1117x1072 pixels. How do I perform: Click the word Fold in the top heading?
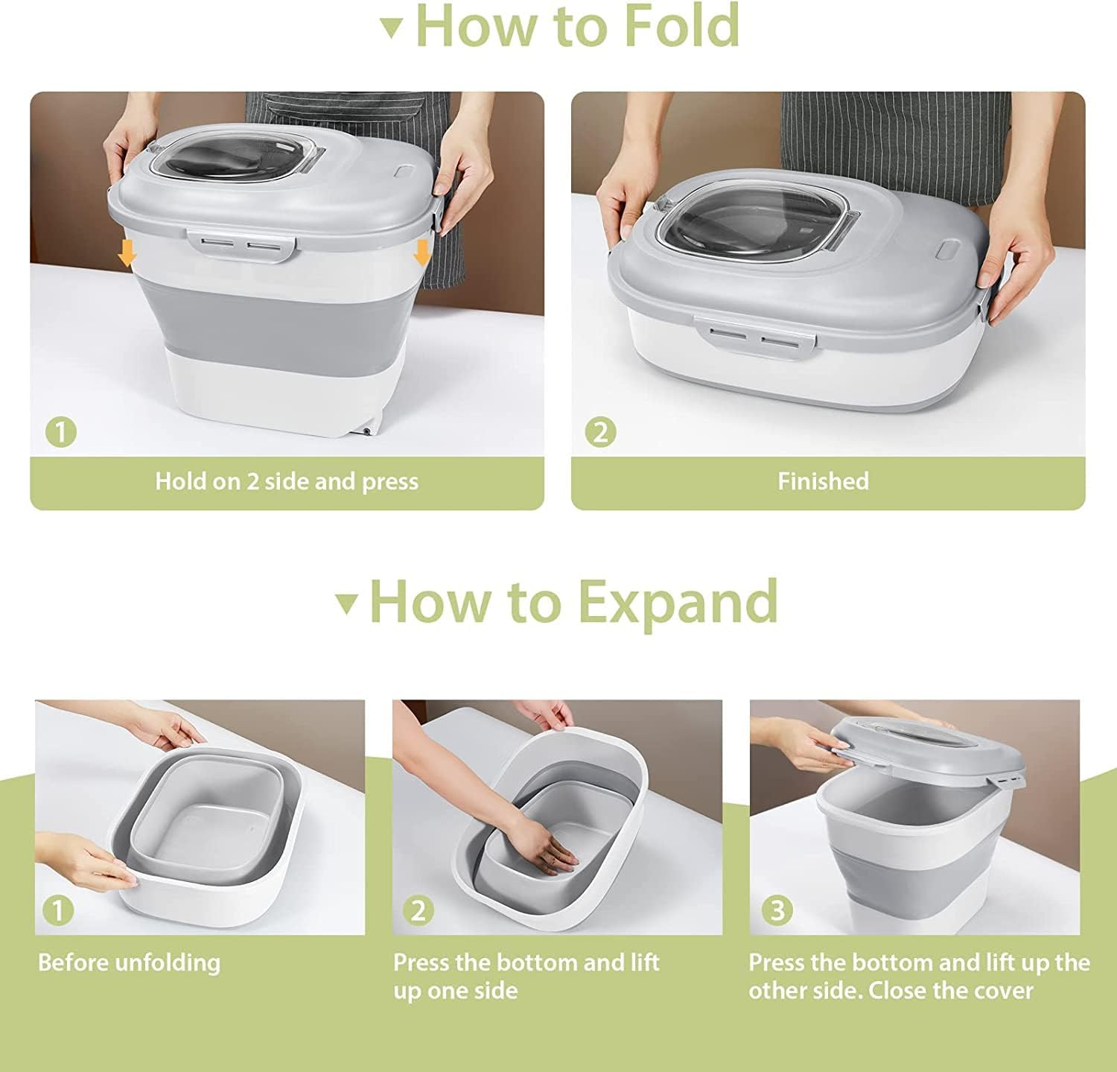681,26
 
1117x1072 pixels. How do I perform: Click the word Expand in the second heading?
678,602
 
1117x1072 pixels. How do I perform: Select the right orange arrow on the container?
422,253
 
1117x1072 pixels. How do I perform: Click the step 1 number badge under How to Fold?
61,432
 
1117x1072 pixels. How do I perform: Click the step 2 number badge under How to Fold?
601,432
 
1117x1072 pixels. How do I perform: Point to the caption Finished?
823,481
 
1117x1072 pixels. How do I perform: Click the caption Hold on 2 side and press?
287,481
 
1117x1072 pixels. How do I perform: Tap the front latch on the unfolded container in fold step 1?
240,246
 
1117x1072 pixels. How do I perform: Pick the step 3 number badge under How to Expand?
777,910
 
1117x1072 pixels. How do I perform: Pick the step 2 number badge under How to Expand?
419,910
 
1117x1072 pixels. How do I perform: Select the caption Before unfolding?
130,962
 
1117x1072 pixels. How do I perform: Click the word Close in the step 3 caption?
899,991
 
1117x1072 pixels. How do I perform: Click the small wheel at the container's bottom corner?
367,431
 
